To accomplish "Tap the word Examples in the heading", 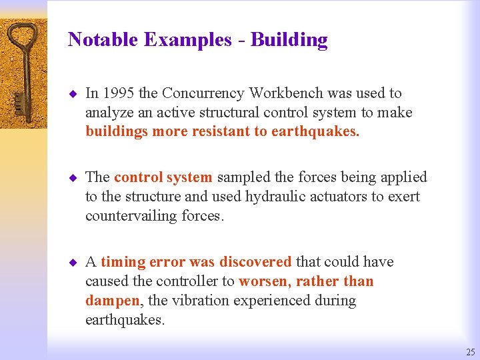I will coord(187,40).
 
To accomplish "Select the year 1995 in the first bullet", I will coord(117,93).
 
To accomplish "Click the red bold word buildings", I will coord(117,131).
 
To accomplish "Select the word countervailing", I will coord(131,215).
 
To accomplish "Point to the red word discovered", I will coord(255,262).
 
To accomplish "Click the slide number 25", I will coord(471,352).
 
